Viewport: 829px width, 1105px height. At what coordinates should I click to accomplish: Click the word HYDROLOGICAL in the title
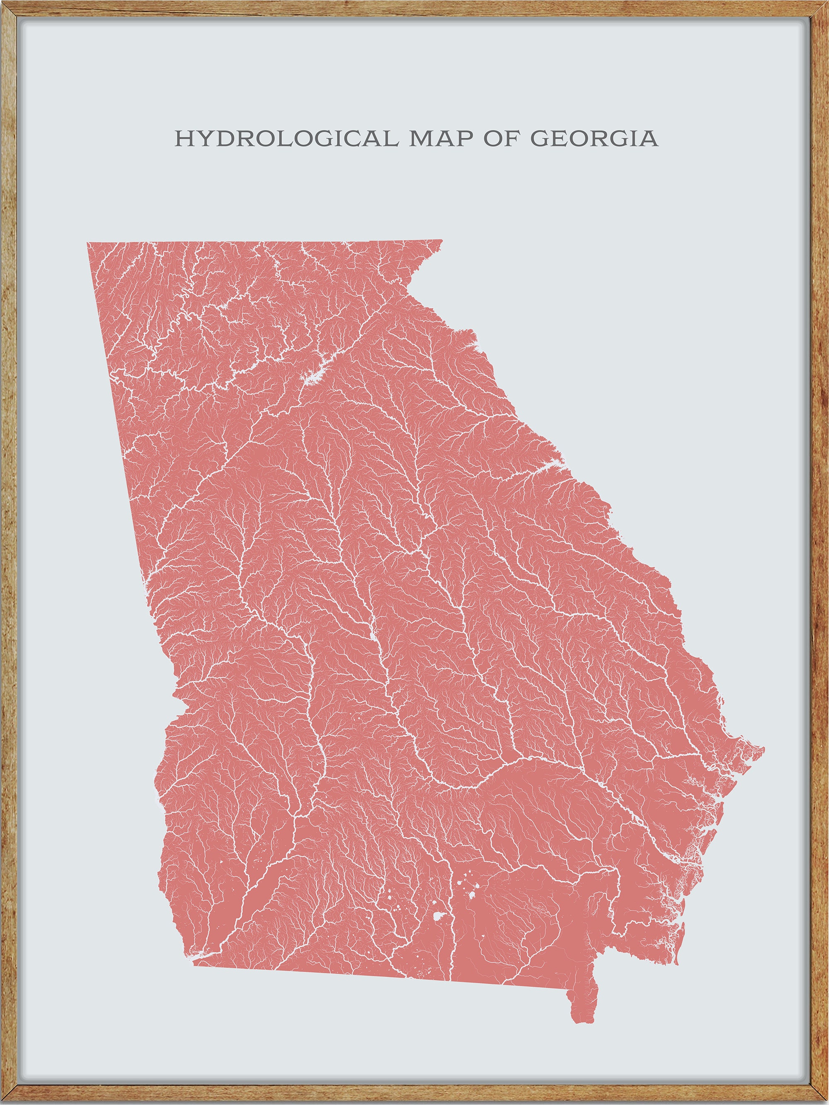[286, 138]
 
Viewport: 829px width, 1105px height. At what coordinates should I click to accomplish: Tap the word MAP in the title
[441, 138]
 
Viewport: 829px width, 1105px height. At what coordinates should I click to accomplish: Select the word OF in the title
[500, 138]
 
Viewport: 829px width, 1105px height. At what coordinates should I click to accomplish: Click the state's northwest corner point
[87, 243]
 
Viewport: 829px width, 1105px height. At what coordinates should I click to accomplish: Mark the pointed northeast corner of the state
[442, 240]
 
